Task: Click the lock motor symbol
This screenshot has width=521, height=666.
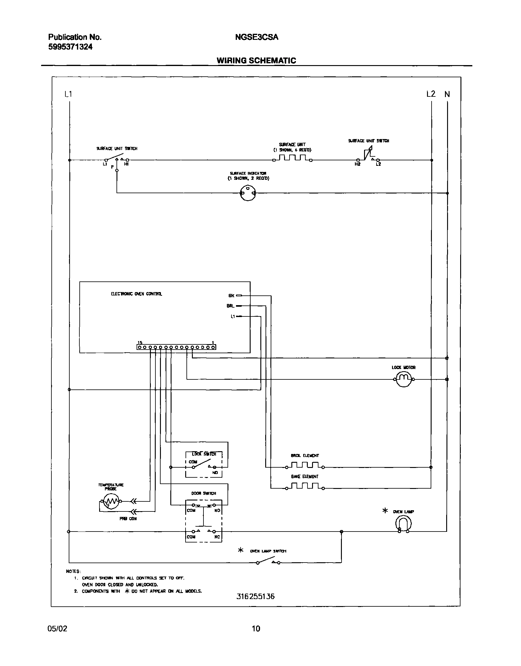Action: (404, 380)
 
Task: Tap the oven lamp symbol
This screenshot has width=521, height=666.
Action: (403, 524)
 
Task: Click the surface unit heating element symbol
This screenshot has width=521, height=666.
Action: (292, 158)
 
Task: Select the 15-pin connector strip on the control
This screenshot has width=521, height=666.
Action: (176, 347)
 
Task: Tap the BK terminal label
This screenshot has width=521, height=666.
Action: (231, 296)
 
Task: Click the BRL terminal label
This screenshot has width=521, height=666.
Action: (230, 306)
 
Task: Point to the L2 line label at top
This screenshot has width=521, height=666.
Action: (431, 94)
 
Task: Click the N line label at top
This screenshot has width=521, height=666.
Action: (447, 94)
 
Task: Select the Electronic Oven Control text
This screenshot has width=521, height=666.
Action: (136, 294)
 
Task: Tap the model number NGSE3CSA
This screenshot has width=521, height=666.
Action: (256, 37)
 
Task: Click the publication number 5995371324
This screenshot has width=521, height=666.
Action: (70, 47)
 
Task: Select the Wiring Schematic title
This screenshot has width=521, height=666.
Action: (256, 61)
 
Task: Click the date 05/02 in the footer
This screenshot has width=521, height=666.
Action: (57, 629)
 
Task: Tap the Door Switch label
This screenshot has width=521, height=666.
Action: (203, 493)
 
